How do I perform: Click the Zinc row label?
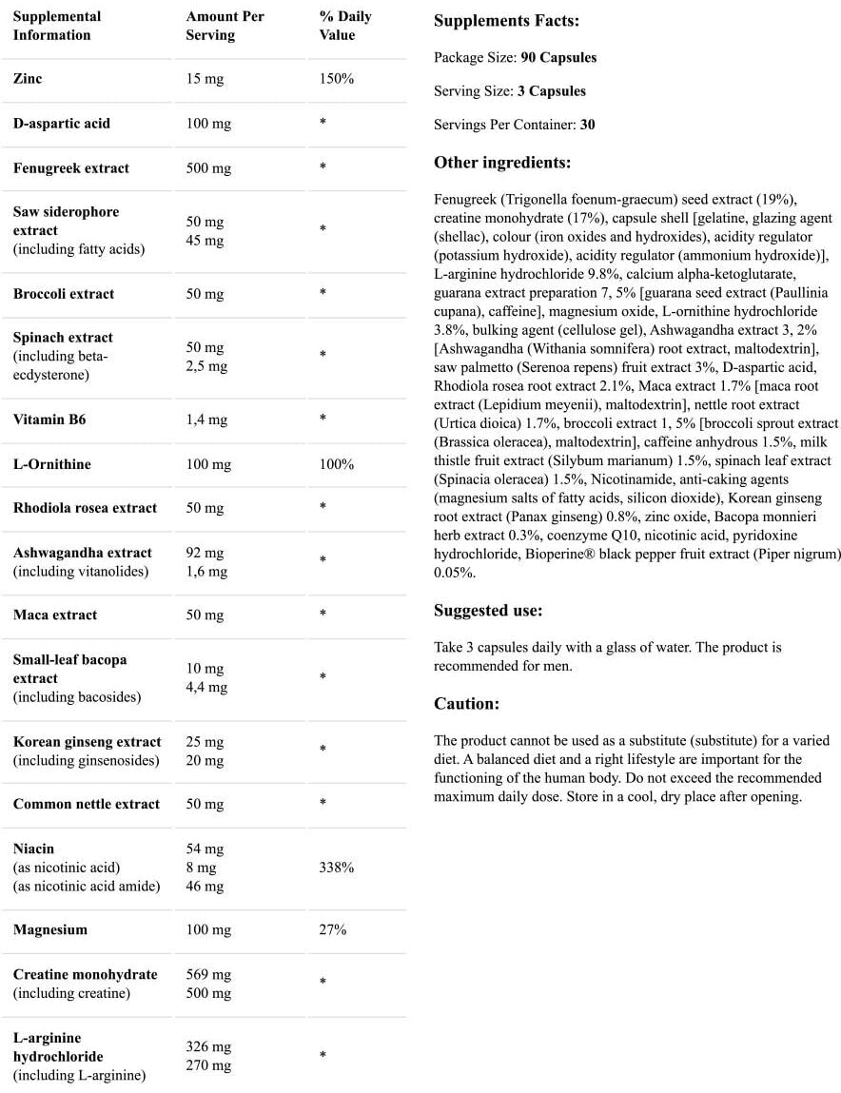click(28, 79)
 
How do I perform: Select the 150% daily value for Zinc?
click(337, 79)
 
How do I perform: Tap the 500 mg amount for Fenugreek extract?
click(208, 168)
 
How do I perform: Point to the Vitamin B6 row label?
click(49, 420)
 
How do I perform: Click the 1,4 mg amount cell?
click(205, 420)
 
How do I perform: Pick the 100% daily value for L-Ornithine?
click(337, 464)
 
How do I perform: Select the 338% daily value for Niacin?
click(337, 868)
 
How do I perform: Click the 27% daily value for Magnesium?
click(333, 929)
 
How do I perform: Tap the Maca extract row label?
click(55, 615)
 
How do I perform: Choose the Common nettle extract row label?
click(87, 804)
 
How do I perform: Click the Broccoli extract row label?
click(64, 294)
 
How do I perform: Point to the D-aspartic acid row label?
click(62, 124)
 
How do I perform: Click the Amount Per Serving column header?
click(225, 26)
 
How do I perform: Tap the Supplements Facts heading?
click(506, 21)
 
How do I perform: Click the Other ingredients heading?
click(502, 163)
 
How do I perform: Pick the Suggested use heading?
click(488, 611)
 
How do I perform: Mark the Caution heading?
click(466, 704)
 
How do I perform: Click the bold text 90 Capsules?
click(558, 57)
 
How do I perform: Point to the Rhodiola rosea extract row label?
click(85, 508)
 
